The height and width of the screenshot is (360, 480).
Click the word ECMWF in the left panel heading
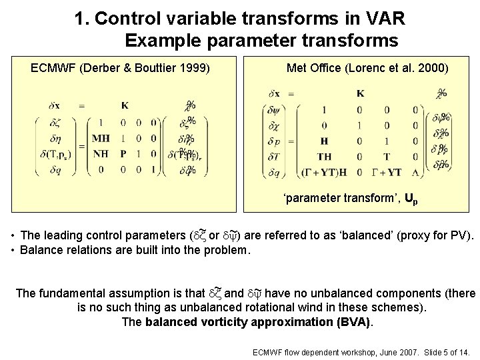[x=51, y=68]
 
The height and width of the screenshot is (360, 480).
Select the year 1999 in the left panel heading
[x=195, y=68]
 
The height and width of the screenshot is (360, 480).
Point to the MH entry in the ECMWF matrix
[x=101, y=139]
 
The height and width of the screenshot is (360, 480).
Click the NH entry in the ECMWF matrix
[x=101, y=154]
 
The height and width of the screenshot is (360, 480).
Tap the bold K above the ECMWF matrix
[x=125, y=105]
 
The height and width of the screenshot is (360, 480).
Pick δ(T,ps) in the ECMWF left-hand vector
[x=53, y=154]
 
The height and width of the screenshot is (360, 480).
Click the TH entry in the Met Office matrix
[x=324, y=157]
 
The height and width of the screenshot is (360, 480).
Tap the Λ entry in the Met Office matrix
[x=416, y=172]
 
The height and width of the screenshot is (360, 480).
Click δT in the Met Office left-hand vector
[x=274, y=157]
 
